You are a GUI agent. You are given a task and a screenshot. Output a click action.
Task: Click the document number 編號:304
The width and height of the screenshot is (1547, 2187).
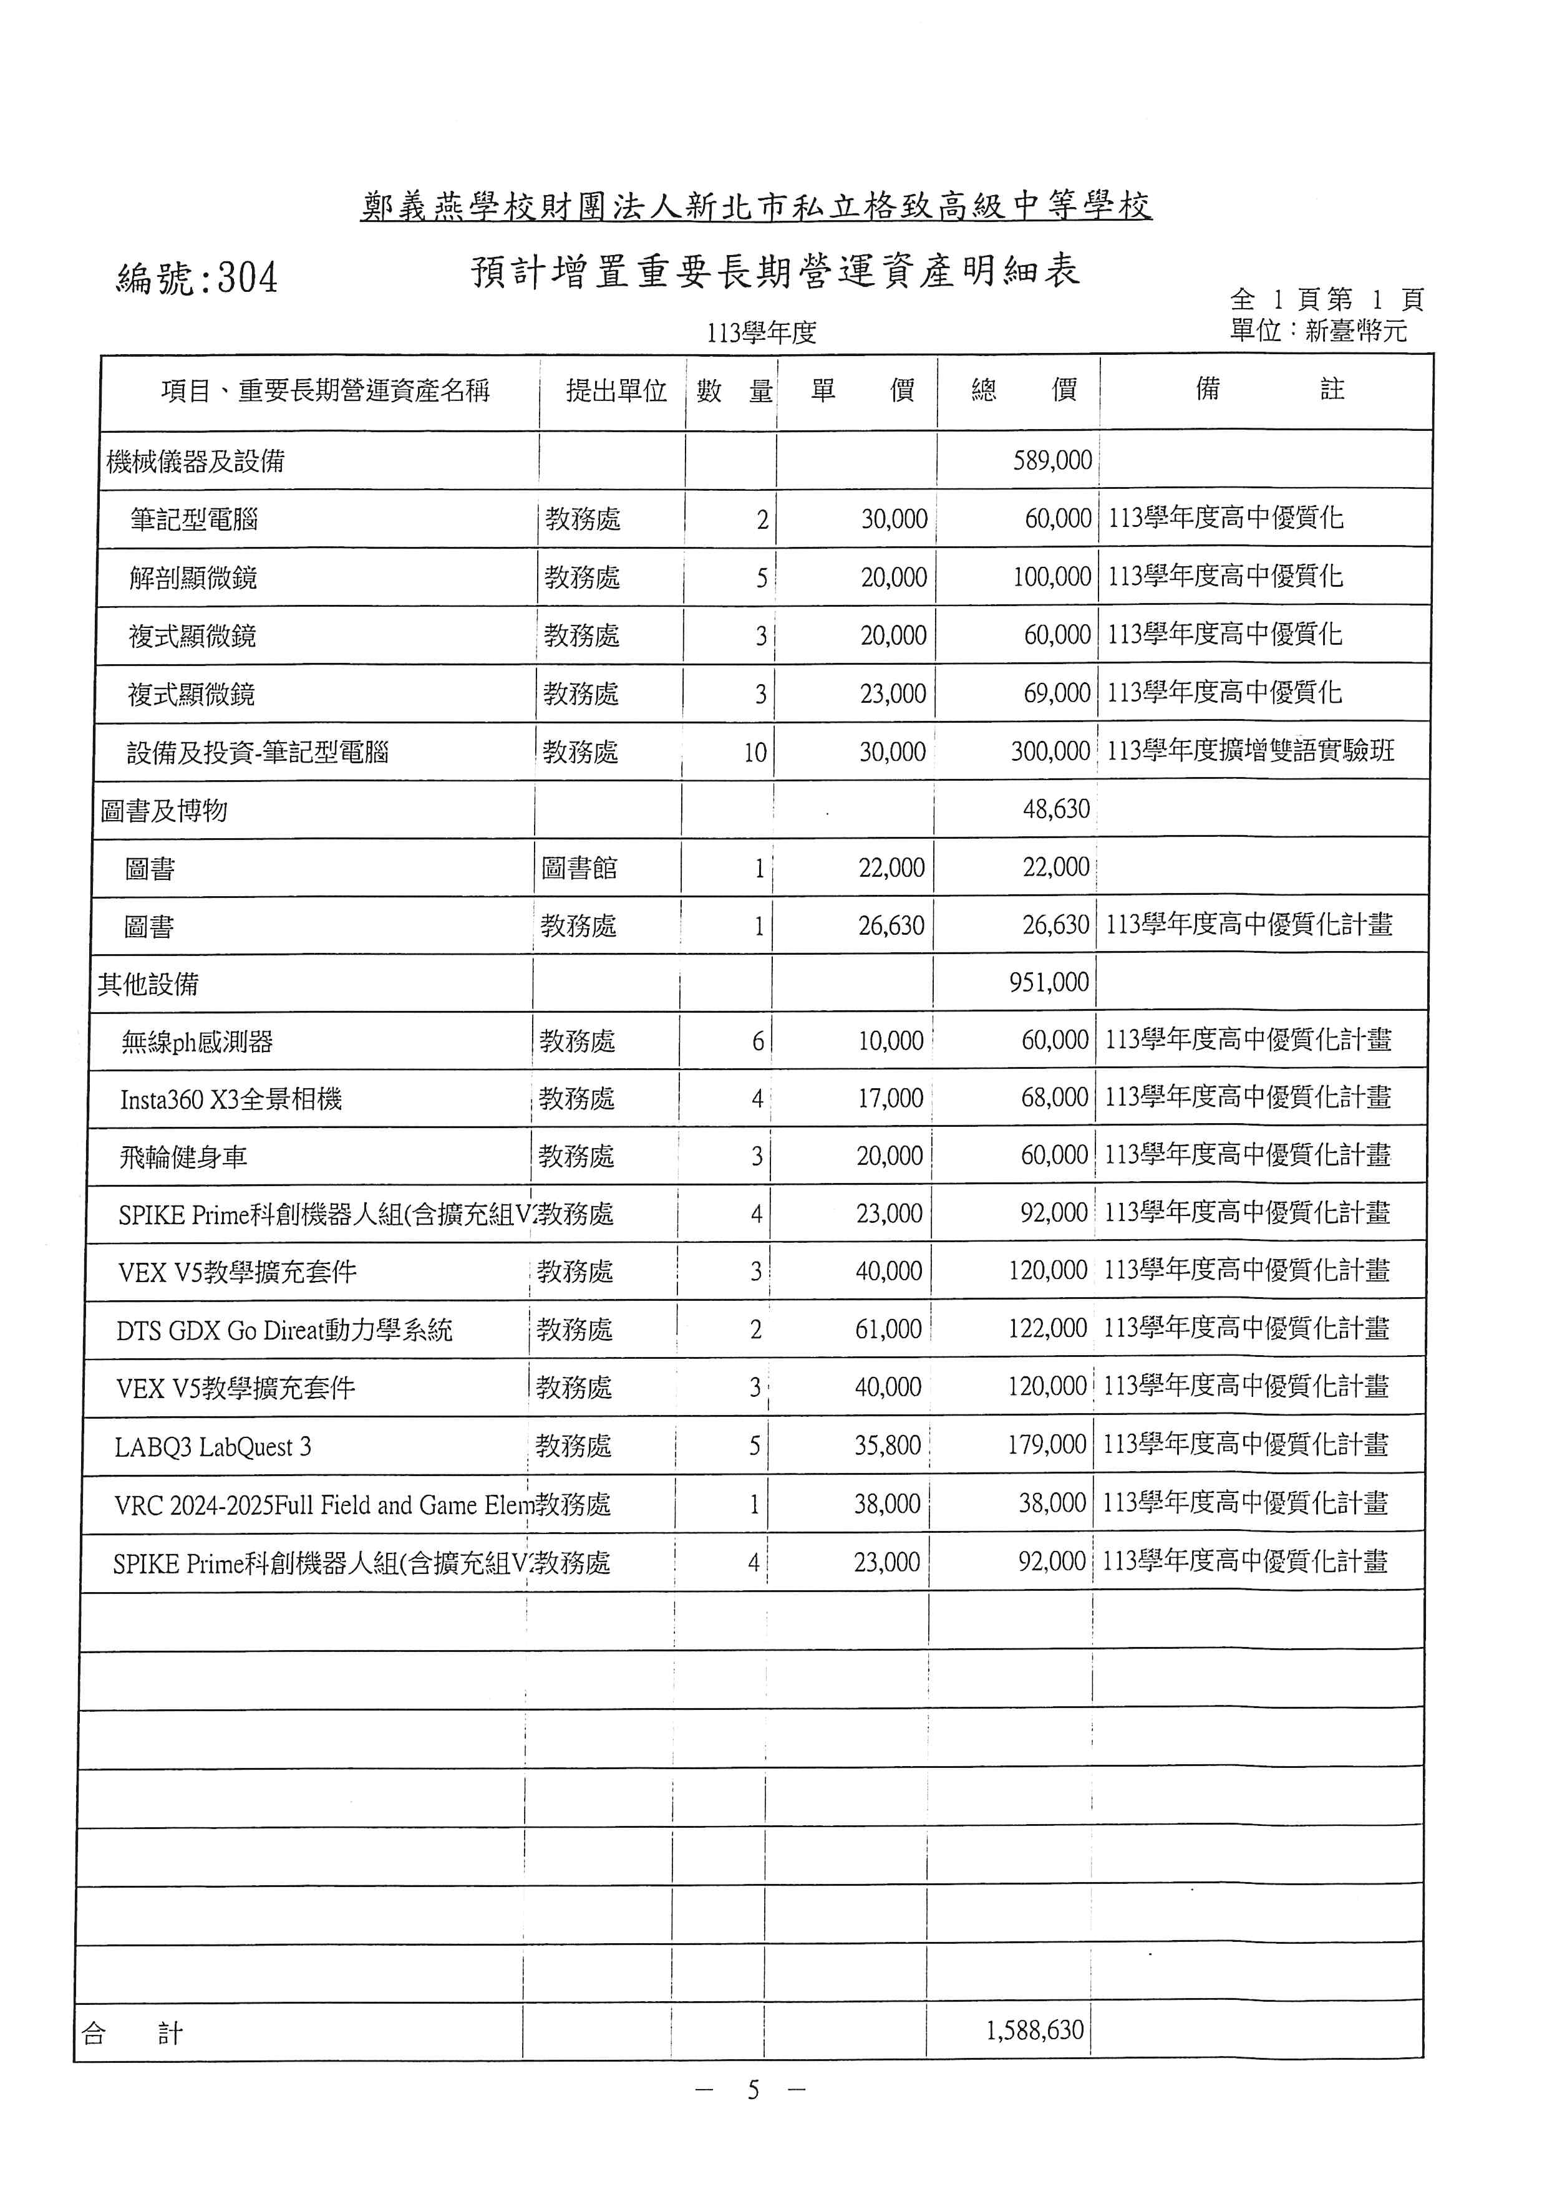pyautogui.click(x=197, y=278)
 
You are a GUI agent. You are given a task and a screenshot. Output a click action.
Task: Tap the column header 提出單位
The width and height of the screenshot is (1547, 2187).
pyautogui.click(x=616, y=390)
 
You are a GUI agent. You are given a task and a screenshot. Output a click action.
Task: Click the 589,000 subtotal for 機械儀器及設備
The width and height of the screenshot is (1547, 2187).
pyautogui.click(x=1052, y=461)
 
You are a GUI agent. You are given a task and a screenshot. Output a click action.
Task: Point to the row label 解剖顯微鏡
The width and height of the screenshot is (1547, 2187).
pyautogui.click(x=193, y=577)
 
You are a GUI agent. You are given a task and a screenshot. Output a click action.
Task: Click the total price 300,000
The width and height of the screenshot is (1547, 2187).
pyautogui.click(x=1050, y=751)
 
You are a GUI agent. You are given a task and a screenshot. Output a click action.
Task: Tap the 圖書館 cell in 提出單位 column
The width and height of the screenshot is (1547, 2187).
pyautogui.click(x=579, y=867)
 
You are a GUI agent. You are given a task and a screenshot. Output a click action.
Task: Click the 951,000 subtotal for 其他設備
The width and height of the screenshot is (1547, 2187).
pyautogui.click(x=1049, y=982)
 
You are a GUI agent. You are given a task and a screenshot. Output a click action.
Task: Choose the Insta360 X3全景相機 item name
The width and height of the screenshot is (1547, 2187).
pyautogui.click(x=231, y=1100)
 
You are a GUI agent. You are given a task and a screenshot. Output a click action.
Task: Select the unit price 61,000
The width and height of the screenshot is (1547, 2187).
pyautogui.click(x=888, y=1329)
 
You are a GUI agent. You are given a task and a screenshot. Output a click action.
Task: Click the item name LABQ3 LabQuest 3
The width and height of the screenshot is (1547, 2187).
pyautogui.click(x=213, y=1447)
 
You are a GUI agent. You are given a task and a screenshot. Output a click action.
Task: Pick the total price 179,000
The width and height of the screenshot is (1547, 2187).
pyautogui.click(x=1046, y=1445)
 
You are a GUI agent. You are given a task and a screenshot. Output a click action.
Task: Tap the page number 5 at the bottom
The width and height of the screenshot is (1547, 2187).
pyautogui.click(x=752, y=2090)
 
